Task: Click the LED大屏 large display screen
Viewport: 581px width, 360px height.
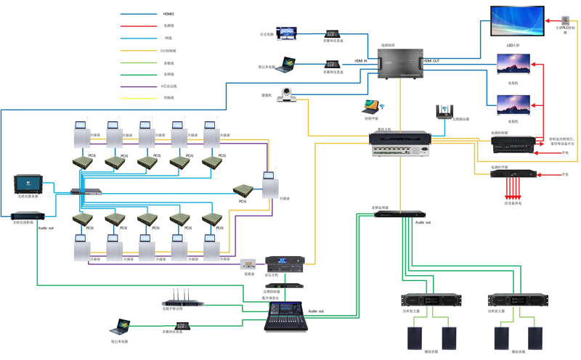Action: [517, 22]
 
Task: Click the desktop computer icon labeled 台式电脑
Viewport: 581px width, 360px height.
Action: [287, 33]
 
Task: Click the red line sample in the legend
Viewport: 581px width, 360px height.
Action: [139, 26]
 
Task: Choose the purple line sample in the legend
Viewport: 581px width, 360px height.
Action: [139, 86]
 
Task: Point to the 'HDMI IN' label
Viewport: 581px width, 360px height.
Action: [361, 61]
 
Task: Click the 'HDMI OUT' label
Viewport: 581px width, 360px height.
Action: [431, 61]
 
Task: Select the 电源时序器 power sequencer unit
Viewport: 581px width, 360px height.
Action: [514, 174]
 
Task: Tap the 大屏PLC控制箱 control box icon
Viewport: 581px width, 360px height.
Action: [564, 20]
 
